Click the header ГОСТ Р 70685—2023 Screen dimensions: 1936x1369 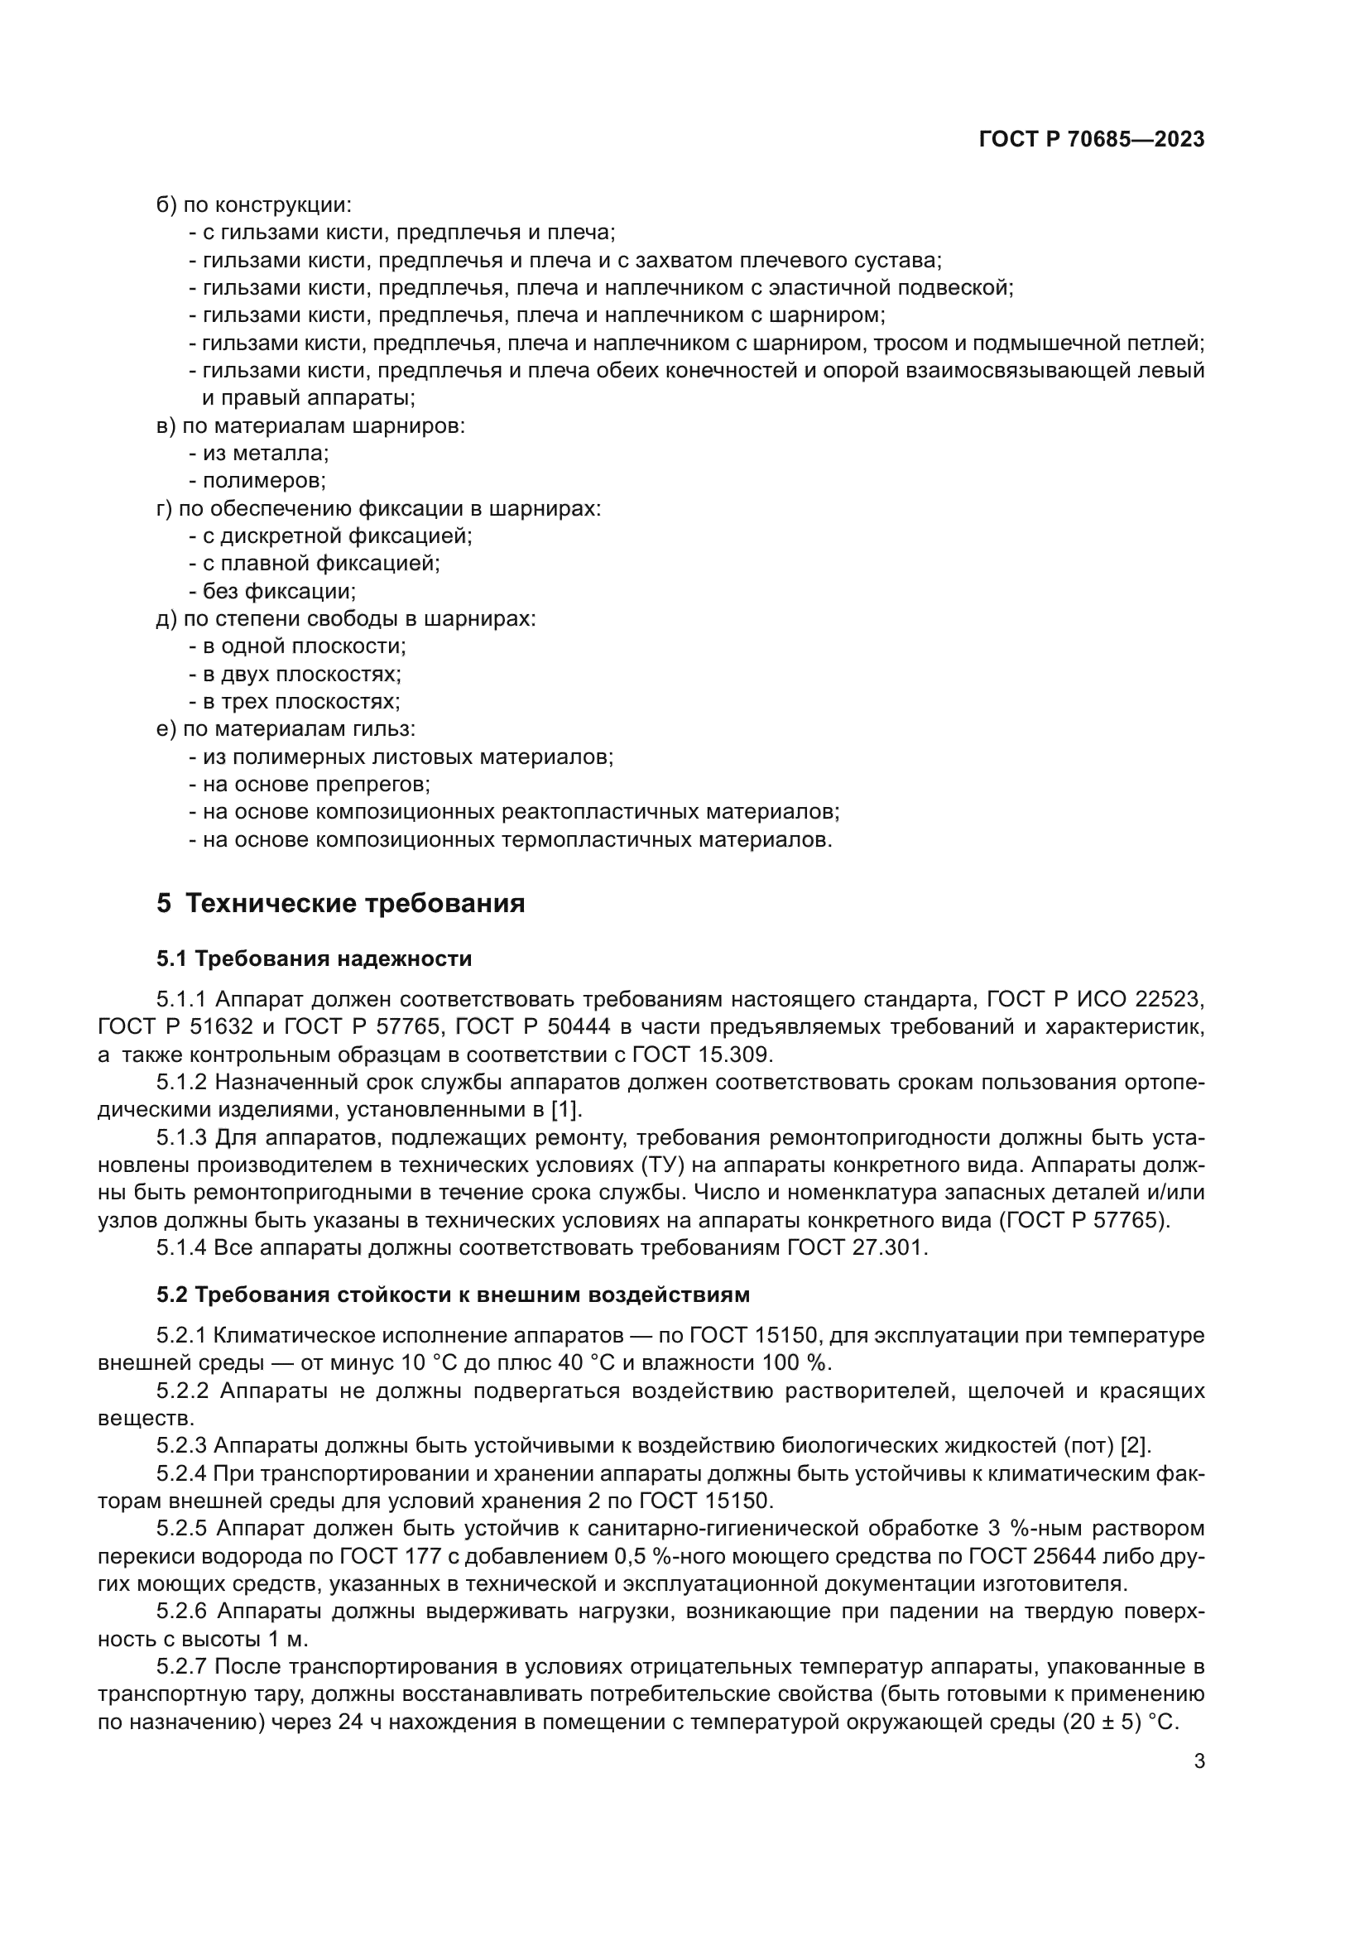click(1092, 140)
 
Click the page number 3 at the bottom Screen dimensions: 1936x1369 click(1198, 1761)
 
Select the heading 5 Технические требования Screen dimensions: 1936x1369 click(340, 903)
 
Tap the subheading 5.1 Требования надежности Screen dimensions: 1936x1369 click(314, 958)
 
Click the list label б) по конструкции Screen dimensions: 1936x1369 click(254, 205)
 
